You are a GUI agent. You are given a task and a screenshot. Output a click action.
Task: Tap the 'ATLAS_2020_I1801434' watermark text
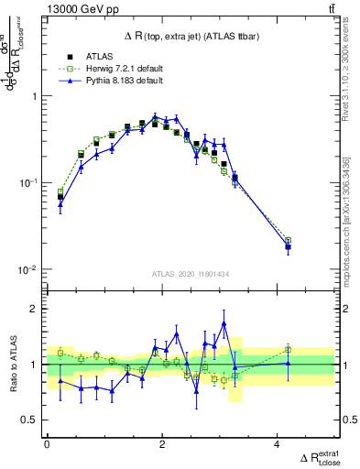coord(190,274)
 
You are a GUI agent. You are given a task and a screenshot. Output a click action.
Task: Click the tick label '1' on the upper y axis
coord(36,96)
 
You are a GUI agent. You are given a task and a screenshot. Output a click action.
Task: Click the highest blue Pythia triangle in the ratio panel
coord(224,323)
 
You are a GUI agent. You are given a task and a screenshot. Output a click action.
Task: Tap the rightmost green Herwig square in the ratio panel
coord(288,349)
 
